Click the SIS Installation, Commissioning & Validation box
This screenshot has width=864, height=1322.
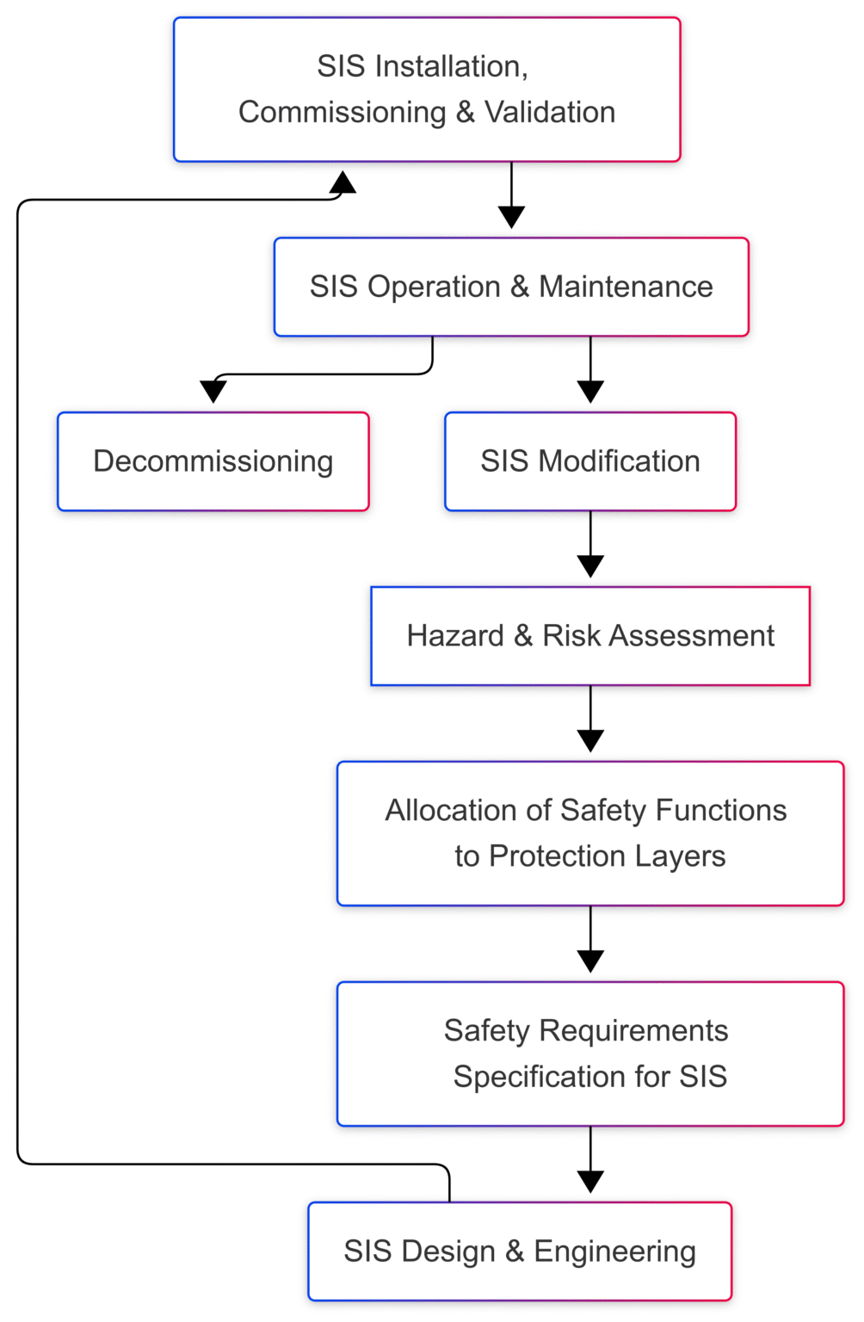[427, 90]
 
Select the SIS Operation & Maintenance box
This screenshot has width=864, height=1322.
[511, 287]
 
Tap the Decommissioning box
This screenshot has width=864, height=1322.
[213, 461]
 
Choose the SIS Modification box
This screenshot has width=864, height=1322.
[590, 461]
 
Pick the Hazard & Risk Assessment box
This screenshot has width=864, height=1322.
[590, 636]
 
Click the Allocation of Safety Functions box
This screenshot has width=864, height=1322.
[590, 833]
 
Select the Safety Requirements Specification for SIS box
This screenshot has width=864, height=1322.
[590, 1053]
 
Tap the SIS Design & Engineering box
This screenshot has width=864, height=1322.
[520, 1251]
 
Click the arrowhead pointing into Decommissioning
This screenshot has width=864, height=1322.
[213, 392]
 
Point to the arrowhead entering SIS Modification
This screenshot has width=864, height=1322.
[590, 392]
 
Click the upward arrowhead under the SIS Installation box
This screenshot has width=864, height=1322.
[343, 182]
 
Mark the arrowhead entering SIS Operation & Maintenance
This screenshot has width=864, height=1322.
[511, 217]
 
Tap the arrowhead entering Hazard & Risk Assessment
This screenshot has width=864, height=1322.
[590, 566]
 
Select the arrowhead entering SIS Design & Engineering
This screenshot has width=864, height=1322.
[590, 1182]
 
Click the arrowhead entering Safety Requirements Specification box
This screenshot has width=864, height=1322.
[590, 961]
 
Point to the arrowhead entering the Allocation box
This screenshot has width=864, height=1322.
[590, 741]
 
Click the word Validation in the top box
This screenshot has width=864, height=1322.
[550, 113]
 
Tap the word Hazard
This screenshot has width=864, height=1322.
[455, 636]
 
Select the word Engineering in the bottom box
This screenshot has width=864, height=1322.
[614, 1252]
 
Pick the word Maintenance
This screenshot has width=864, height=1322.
[626, 287]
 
